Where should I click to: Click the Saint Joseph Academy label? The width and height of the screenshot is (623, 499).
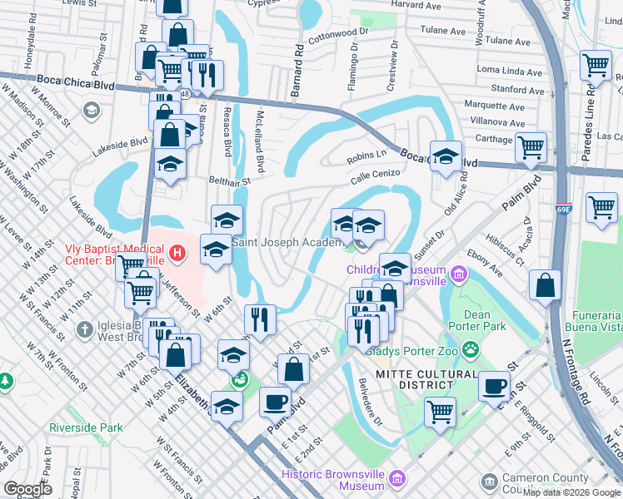point(287,242)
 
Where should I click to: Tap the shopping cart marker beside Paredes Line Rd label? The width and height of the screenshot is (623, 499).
point(596,65)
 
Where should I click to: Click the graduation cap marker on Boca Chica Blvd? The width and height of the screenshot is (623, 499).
point(446,156)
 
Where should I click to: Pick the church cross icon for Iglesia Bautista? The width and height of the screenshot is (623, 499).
point(84,330)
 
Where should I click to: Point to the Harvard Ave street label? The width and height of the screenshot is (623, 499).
point(415,5)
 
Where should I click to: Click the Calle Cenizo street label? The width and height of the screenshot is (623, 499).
point(376,175)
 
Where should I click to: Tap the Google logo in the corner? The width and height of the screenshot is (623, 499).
point(27,489)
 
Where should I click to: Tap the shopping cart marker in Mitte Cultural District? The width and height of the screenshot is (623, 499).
point(440,409)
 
